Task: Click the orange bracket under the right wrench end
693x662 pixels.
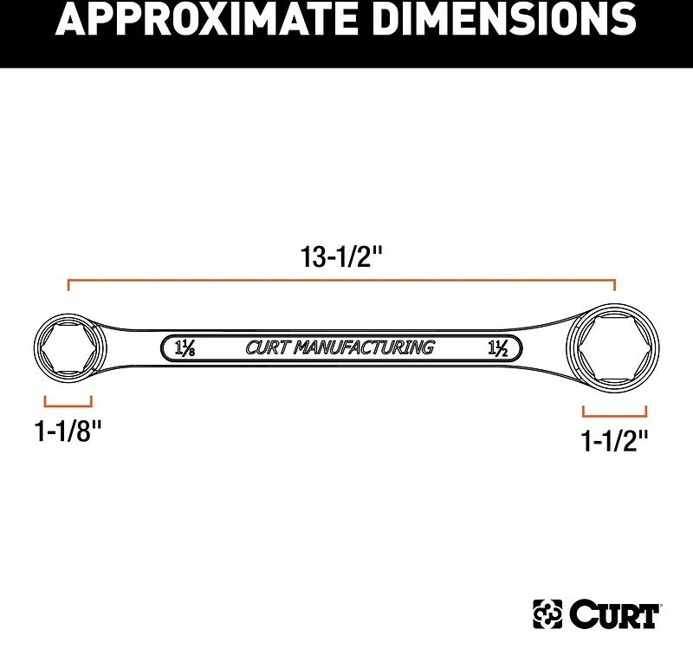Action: click(615, 412)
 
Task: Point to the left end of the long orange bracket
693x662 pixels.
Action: click(68, 284)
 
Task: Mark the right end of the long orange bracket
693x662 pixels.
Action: click(614, 284)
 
